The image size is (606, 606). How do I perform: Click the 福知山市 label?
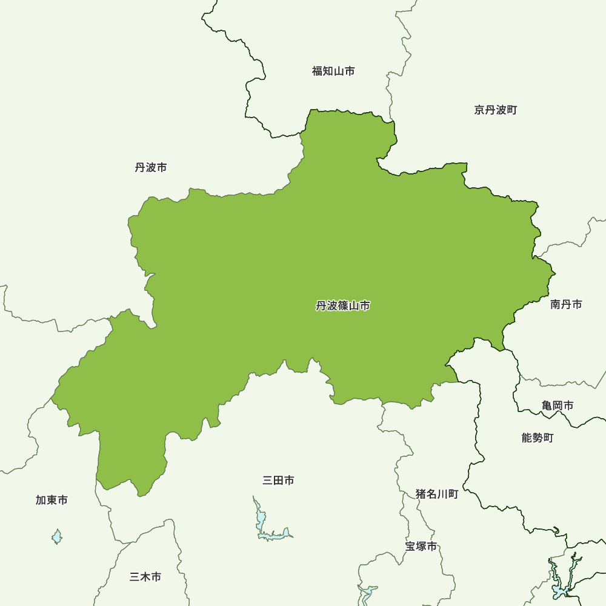coord(333,72)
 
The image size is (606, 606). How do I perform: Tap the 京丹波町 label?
coord(496,110)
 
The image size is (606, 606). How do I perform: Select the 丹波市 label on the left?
coord(151,167)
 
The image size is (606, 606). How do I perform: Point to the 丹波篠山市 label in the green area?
coord(343,306)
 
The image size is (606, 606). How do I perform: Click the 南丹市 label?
coord(566,304)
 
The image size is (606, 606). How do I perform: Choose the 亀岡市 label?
coord(558,405)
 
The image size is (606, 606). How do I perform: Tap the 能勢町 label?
coord(538,438)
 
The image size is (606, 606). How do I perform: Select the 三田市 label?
coord(278,481)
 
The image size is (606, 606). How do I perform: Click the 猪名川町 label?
coord(437,494)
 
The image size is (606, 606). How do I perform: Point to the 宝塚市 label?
coord(421,546)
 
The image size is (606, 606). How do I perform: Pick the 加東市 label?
coord(52,500)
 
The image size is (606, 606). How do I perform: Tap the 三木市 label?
coord(145,577)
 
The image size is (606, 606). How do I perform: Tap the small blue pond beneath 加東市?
coord(57,536)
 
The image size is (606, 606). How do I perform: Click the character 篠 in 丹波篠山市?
coord(343,306)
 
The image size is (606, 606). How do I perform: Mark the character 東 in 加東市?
coord(52,500)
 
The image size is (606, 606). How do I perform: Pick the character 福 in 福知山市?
coord(317,72)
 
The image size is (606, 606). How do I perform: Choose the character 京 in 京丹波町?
coord(479,110)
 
